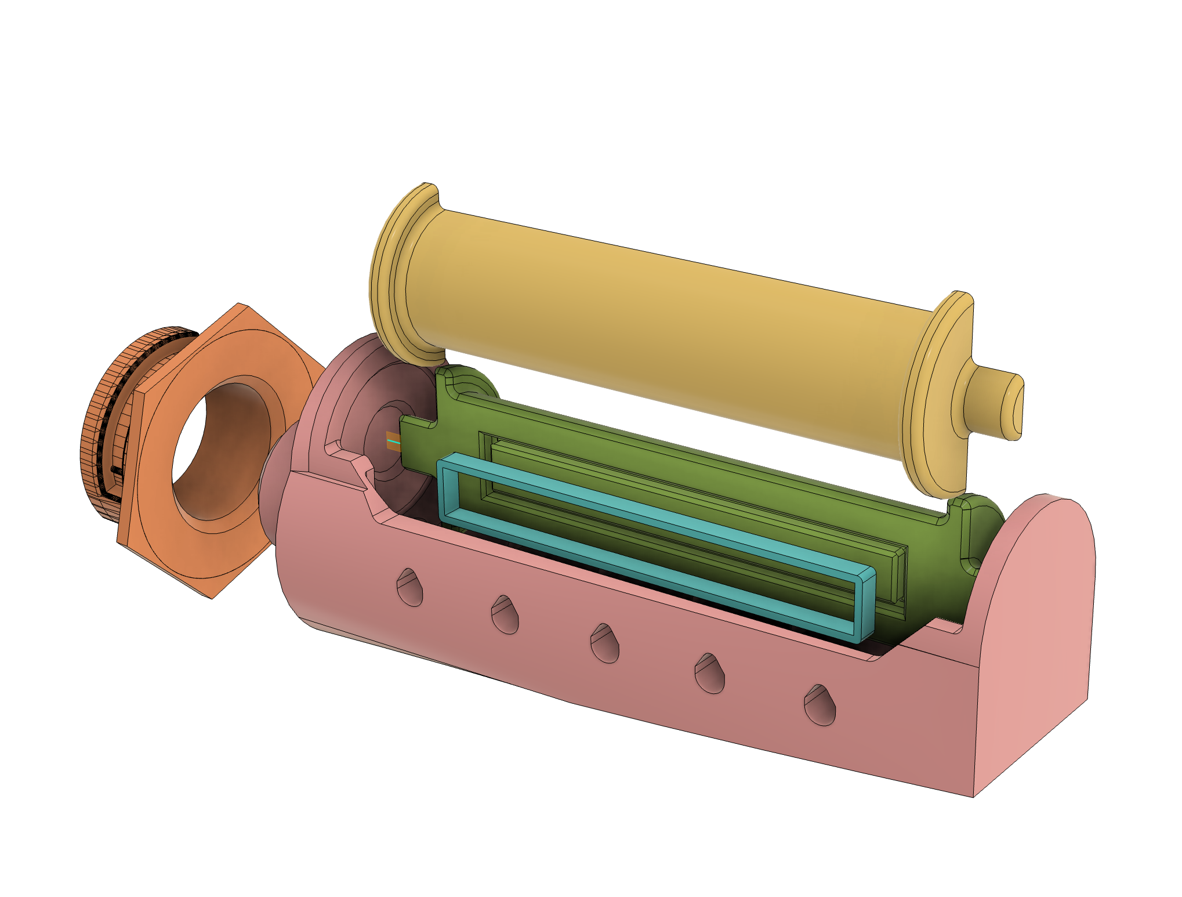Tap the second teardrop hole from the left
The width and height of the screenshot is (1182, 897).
505,615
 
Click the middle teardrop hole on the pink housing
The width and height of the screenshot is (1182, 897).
604,643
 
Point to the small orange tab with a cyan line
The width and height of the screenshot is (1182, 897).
393,441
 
